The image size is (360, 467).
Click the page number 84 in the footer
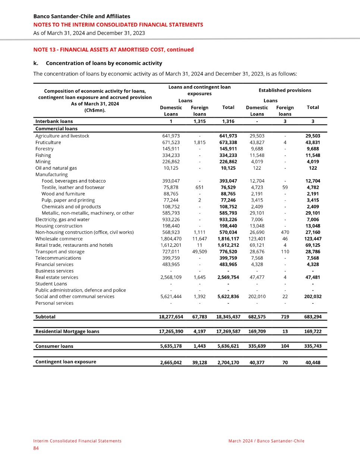tap(36, 448)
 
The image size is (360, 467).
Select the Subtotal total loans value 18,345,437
tap(228, 317)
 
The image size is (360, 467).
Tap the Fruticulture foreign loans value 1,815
tap(200, 142)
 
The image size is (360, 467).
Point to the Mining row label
tap(43, 162)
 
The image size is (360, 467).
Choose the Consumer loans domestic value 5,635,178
tap(171, 346)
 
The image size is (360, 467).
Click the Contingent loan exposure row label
tap(66, 362)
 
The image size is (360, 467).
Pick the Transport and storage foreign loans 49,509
tap(200, 252)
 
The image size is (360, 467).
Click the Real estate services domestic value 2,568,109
tap(171, 277)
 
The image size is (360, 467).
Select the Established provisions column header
tap(285, 90)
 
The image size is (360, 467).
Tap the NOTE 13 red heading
tap(113, 50)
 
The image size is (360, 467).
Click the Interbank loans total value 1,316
tap(228, 121)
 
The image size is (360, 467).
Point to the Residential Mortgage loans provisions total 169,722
tap(313, 331)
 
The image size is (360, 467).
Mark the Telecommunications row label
tap(58, 258)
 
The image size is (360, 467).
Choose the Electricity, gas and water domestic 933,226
tap(171, 220)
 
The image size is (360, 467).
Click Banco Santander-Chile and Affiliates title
tap(82, 16)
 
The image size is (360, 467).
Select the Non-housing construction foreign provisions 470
tap(285, 232)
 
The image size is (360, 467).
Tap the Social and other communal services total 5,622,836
tap(228, 296)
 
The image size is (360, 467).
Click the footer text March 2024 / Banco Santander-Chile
tap(266, 441)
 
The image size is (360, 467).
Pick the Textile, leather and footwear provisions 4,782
tap(313, 187)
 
